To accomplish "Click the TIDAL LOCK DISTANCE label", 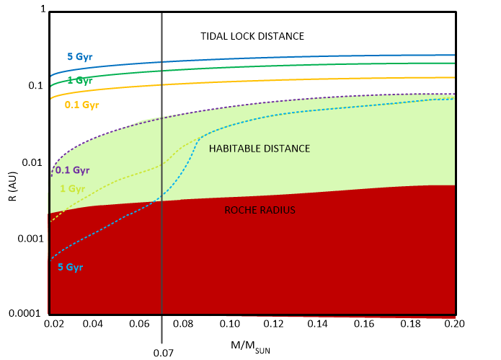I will (252, 36).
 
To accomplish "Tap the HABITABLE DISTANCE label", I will (259, 149).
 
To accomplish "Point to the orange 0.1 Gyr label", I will (81, 105).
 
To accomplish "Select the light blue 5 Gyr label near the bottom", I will (71, 267).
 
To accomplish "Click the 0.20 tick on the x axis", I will (455, 325).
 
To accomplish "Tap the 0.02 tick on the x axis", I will (52, 325).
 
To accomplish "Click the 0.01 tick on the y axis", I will (35, 162).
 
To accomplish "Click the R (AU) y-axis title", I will (14, 180).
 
